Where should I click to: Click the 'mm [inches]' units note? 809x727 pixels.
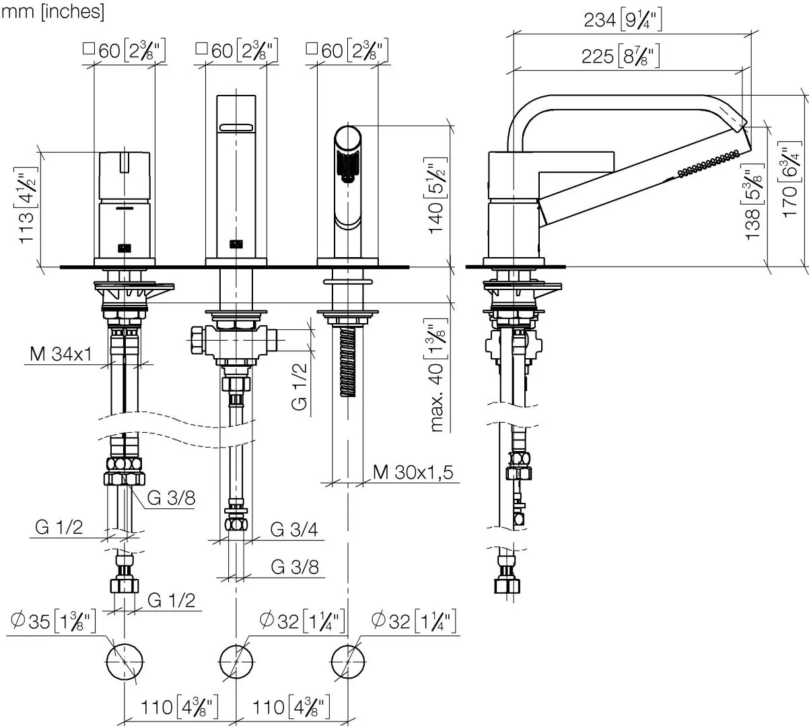pos(53,11)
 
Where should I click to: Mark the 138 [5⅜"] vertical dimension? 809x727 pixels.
pos(757,207)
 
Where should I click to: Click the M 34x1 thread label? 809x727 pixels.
pos(61,353)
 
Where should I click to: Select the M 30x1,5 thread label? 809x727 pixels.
pos(413,473)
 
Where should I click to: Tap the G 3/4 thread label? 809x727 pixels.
pos(294,530)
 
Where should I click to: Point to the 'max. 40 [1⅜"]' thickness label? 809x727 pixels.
pos(435,377)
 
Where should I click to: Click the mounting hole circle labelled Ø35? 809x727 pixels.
pos(125,662)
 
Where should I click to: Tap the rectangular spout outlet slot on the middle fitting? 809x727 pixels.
pos(235,127)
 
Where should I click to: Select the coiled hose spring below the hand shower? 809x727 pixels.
pos(347,360)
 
